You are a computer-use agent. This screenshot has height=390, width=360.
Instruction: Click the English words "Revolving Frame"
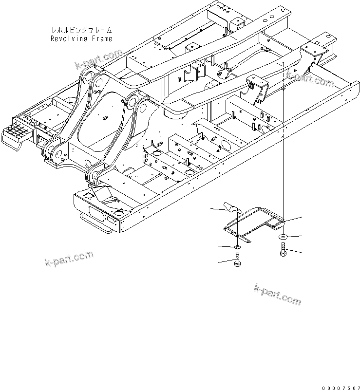(81, 39)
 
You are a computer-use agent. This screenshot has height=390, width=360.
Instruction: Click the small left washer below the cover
(237, 248)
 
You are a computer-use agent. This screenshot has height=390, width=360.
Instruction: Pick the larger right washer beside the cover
(283, 237)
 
